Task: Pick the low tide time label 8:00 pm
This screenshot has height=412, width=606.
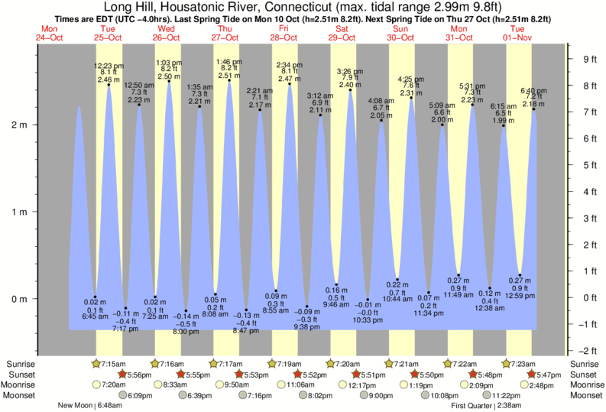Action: click(186, 333)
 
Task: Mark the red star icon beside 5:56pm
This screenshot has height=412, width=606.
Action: click(122, 375)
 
